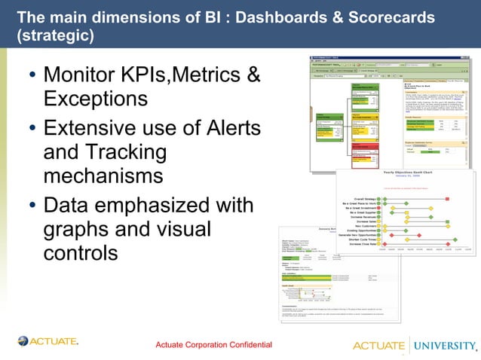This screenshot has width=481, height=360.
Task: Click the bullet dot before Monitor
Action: (x=31, y=76)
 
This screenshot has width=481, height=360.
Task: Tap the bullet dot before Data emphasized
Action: (x=31, y=206)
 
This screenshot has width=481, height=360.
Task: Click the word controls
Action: (x=81, y=252)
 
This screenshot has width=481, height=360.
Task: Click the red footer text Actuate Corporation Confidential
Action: (x=213, y=345)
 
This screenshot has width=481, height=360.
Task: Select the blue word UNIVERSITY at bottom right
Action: (x=443, y=345)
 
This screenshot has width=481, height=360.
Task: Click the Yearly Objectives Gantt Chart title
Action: (x=405, y=173)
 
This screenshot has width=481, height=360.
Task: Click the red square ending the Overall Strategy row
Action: (x=448, y=199)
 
